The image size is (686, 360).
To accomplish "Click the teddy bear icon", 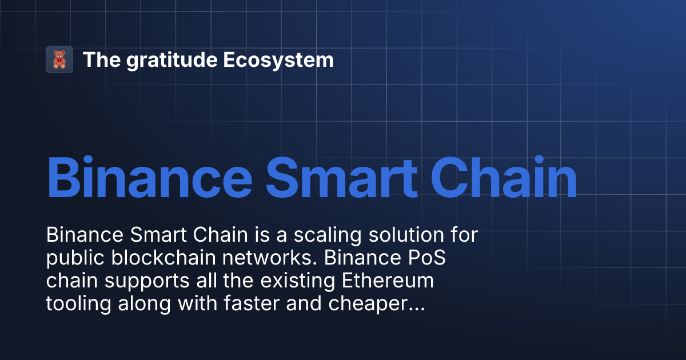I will [59, 59].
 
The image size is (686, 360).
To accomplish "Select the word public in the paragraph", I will [72, 259].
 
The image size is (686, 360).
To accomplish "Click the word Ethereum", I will [388, 282].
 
